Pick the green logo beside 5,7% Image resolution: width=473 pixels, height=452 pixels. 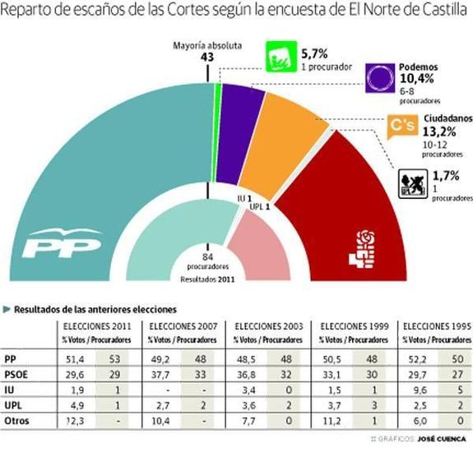280,58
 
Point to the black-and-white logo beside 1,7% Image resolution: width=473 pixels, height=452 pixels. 411,182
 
